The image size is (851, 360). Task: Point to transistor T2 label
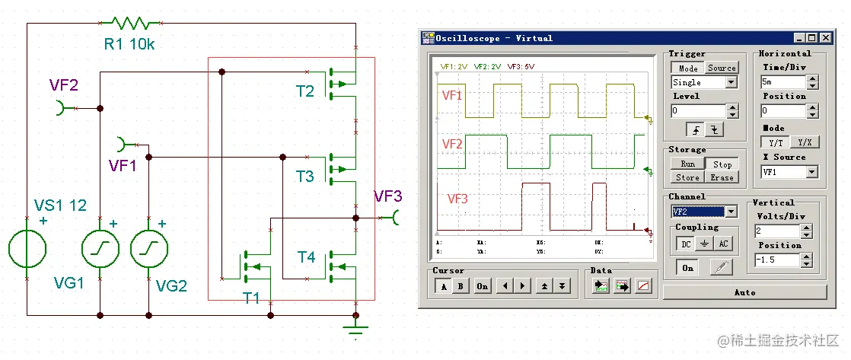click(x=304, y=92)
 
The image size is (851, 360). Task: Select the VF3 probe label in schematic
click(x=387, y=196)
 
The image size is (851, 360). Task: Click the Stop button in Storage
click(x=722, y=164)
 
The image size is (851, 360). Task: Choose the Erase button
click(x=722, y=177)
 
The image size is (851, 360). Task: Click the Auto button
click(x=744, y=292)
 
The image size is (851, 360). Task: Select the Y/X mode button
click(x=804, y=142)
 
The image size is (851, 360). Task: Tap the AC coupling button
click(x=723, y=244)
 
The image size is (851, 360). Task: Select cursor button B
click(x=461, y=286)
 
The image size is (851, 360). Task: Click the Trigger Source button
click(x=722, y=68)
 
